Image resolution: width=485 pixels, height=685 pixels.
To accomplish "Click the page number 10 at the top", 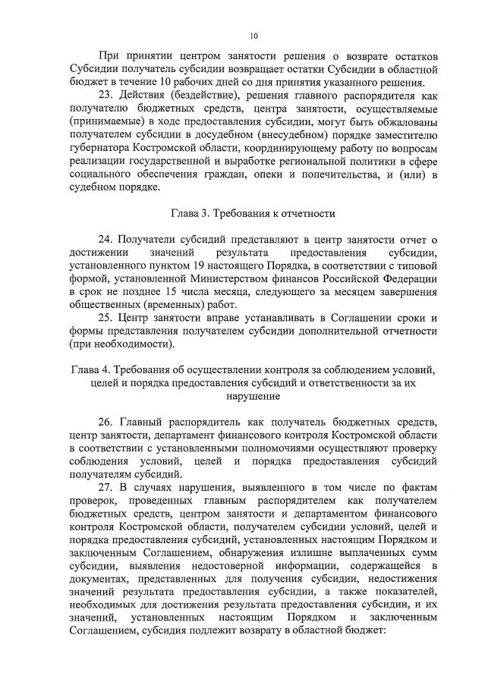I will [x=254, y=35].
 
